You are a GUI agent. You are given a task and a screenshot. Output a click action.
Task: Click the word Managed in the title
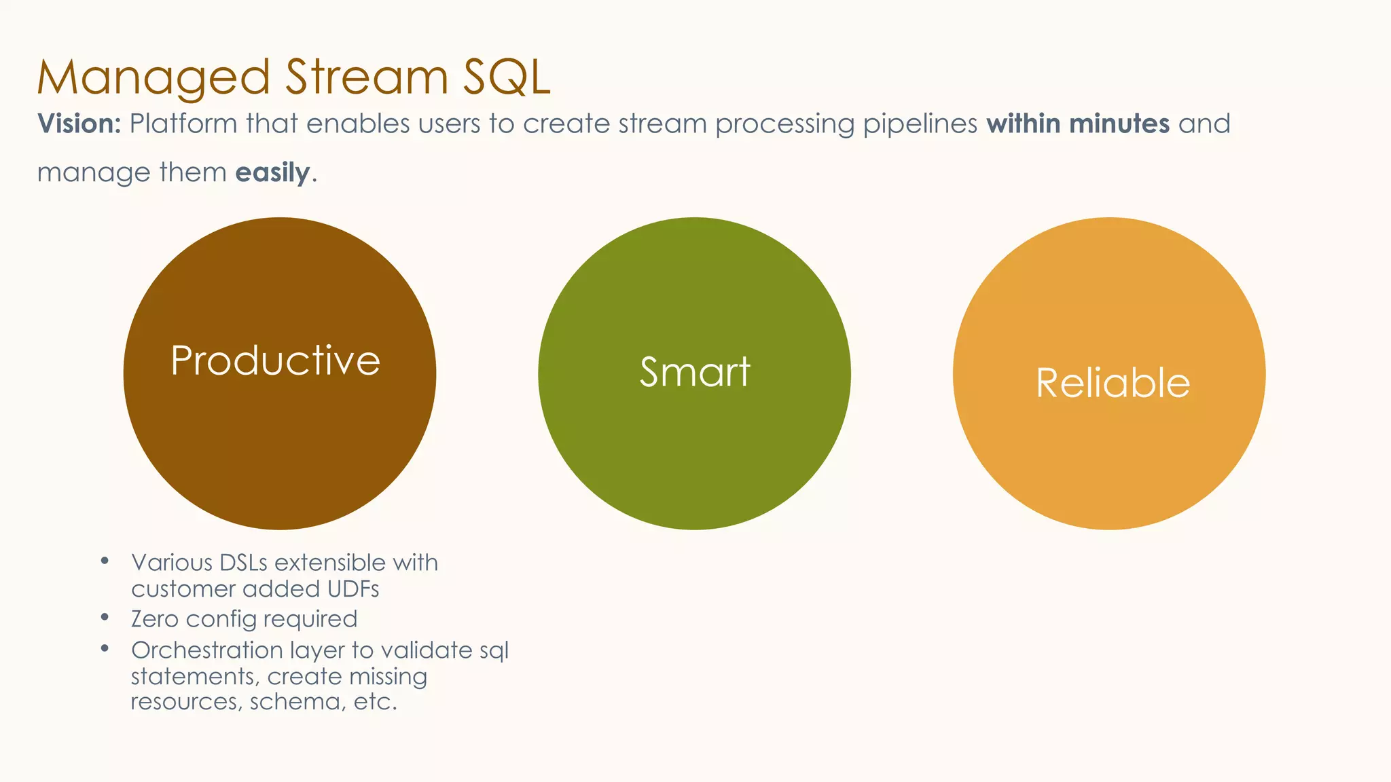[x=153, y=77]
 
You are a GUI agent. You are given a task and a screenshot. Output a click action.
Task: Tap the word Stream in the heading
[x=366, y=77]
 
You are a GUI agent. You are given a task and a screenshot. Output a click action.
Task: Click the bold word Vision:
[x=79, y=124]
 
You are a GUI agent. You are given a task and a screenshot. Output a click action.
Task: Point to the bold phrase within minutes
[x=1078, y=124]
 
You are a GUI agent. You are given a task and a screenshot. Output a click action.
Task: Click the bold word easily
[x=272, y=173]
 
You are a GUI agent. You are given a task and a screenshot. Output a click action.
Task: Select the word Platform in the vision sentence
[x=183, y=124]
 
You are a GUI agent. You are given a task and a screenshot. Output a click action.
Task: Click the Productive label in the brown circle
[x=276, y=360]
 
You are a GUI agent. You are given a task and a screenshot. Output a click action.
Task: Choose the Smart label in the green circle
[x=695, y=372]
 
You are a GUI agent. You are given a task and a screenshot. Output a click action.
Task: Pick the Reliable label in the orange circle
[x=1113, y=383]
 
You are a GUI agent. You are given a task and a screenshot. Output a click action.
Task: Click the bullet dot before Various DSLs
[x=105, y=561]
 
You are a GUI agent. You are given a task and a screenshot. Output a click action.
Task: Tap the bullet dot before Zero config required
[x=105, y=617]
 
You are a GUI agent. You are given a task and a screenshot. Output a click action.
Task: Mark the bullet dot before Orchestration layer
[x=105, y=648]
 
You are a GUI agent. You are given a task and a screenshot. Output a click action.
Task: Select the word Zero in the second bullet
[x=155, y=619]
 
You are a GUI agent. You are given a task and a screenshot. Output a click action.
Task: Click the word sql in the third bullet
[x=494, y=651]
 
